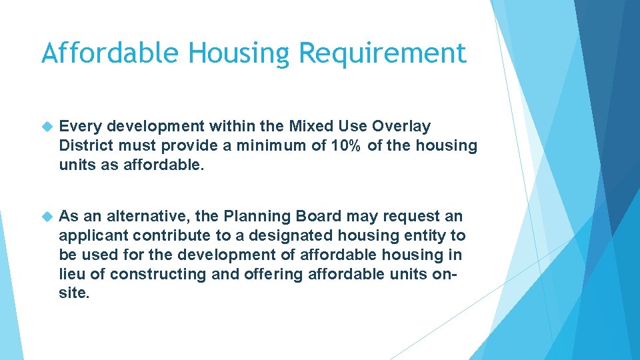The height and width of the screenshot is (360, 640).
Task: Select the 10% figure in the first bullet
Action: pyautogui.click(x=345, y=145)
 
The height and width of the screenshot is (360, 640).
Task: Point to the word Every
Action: pyautogui.click(x=80, y=126)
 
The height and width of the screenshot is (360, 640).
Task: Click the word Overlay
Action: pyautogui.click(x=401, y=126)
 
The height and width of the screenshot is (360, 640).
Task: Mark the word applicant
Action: pyautogui.click(x=93, y=235)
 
